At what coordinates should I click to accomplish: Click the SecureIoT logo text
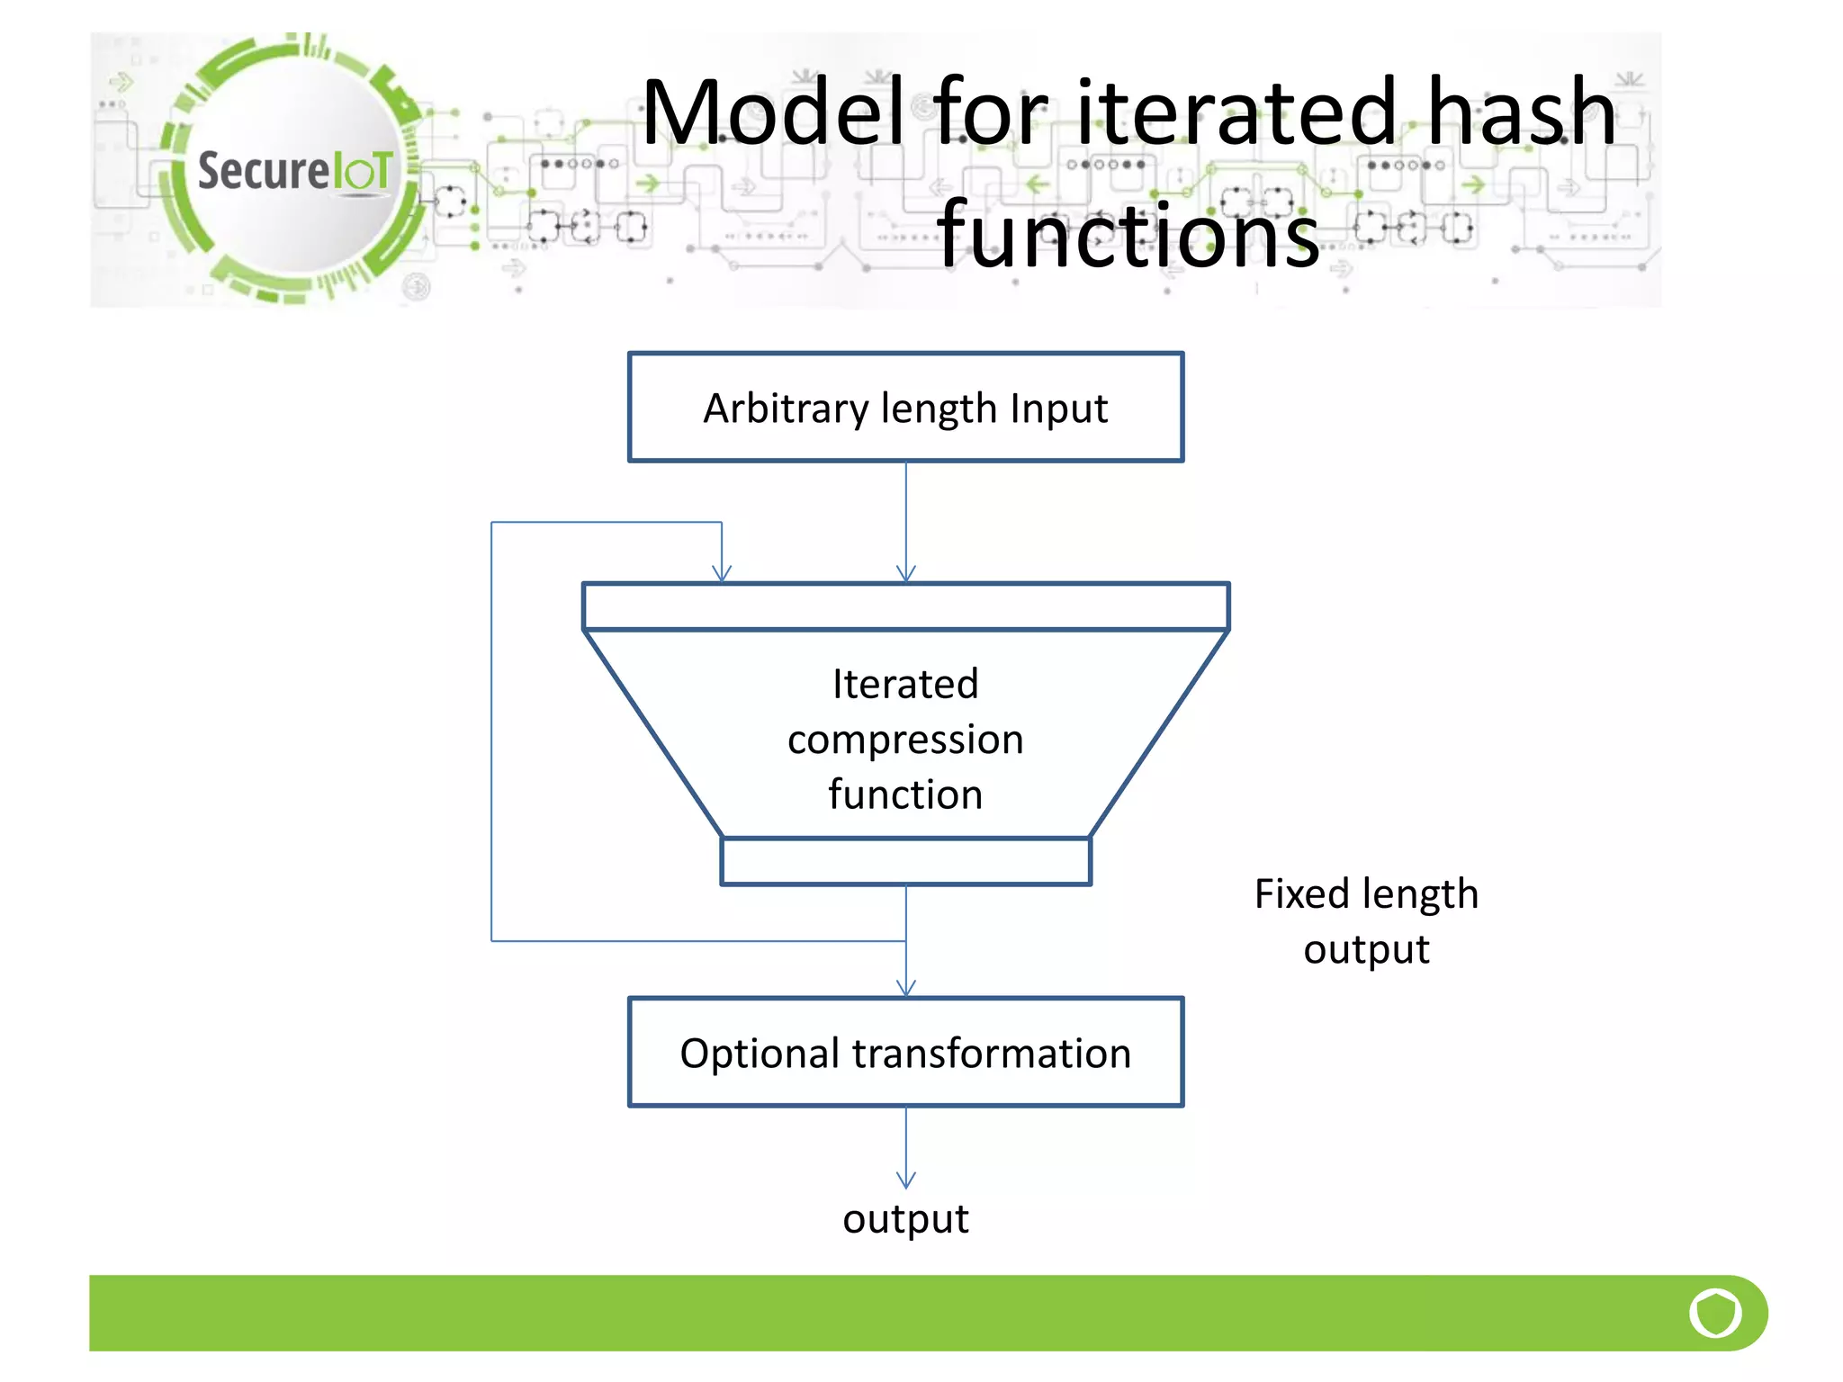pos(295,170)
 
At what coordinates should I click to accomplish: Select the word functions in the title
pos(1128,236)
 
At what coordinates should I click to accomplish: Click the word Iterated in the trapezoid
pos(905,684)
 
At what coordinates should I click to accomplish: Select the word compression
pos(905,740)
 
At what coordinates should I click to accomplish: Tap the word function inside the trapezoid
pos(905,795)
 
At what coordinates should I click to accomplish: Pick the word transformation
pos(992,1053)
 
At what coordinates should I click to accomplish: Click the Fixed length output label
pos(1366,920)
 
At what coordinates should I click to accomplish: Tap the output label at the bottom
pos(905,1219)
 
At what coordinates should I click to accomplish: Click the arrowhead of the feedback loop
pos(722,573)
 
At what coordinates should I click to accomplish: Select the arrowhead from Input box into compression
pos(906,573)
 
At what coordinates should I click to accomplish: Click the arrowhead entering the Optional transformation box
pos(906,988)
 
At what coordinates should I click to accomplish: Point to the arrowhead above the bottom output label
pos(906,1180)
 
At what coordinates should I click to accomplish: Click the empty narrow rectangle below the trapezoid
pos(905,861)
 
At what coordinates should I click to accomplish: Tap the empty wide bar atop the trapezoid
pos(905,606)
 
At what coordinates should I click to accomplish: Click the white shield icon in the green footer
pos(1715,1313)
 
